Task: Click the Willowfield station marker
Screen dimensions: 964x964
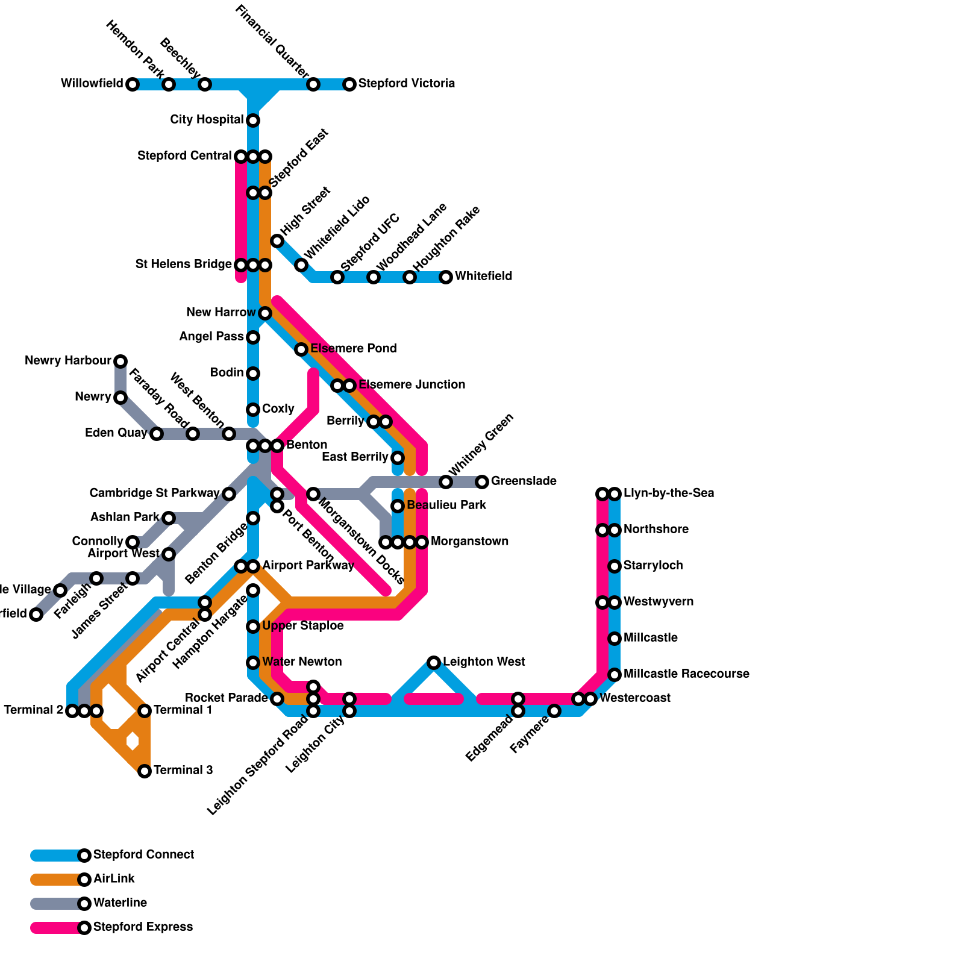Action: tap(133, 84)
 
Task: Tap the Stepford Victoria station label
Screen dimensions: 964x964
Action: tap(406, 84)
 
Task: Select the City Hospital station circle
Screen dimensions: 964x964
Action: tap(253, 120)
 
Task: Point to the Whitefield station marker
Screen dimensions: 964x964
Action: tap(446, 277)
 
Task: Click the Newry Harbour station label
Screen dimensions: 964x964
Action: tap(68, 361)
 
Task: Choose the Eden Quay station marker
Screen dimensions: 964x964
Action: tap(157, 434)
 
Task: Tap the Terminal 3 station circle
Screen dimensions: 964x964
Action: tap(145, 771)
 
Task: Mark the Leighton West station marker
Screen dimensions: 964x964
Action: tap(434, 663)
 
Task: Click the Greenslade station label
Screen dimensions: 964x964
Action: tap(524, 481)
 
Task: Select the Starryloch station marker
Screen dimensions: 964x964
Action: tap(615, 566)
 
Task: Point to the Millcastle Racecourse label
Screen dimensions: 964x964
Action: tap(686, 674)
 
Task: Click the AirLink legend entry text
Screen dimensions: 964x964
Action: tap(114, 879)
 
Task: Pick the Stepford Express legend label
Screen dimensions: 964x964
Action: tap(143, 927)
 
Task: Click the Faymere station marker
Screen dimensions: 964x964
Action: tap(554, 711)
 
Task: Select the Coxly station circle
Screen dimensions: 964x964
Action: tap(253, 410)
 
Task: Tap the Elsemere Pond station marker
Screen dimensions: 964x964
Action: tap(301, 349)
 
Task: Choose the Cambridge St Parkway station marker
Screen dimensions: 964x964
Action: tap(229, 494)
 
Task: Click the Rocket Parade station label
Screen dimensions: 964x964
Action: tap(226, 698)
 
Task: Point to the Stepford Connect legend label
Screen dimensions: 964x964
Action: tap(143, 855)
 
